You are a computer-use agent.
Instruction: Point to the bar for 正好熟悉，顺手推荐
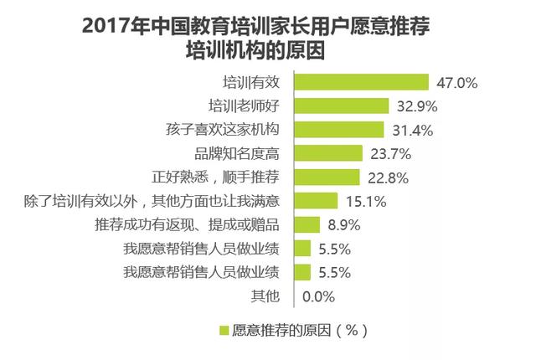[327, 177]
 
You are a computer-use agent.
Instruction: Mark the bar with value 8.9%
[307, 224]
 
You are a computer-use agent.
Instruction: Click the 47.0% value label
[457, 83]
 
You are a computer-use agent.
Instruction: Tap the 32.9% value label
[416, 106]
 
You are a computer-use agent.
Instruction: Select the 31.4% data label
[411, 130]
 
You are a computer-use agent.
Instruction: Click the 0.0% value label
[318, 296]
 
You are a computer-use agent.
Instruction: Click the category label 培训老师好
[248, 106]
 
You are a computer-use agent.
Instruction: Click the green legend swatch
[224, 328]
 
